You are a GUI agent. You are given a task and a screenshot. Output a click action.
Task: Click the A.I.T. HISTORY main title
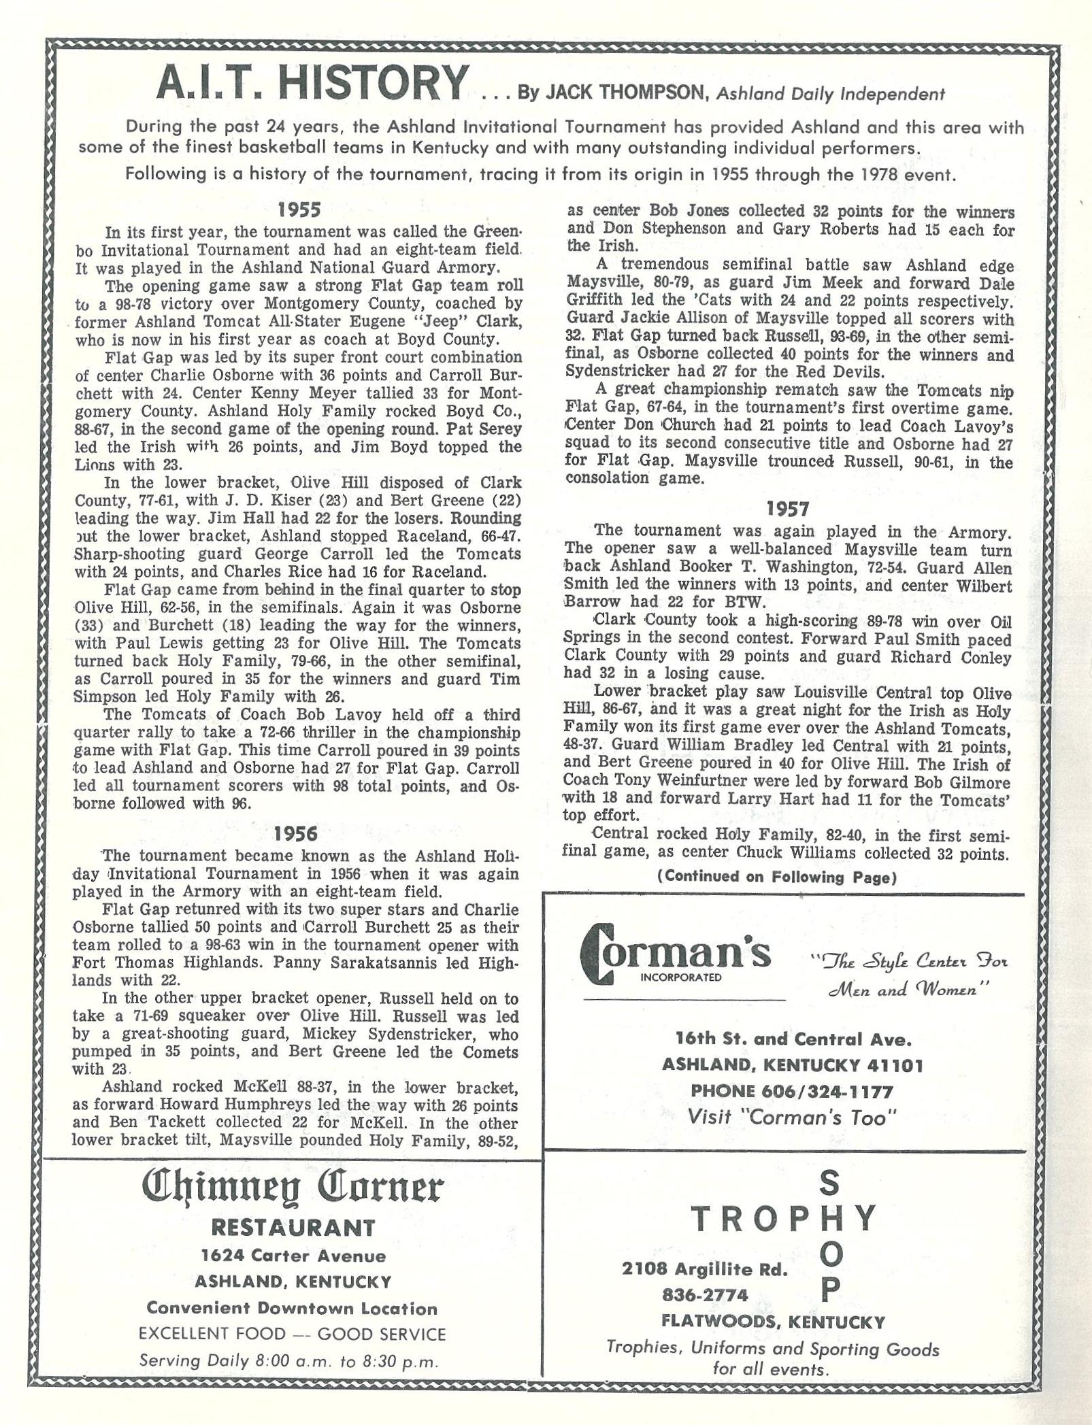[x=312, y=84]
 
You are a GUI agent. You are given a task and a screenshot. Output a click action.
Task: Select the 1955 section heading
[x=299, y=209]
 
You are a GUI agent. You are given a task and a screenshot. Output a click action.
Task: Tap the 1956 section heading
[x=295, y=833]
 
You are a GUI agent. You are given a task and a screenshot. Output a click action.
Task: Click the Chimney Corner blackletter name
[x=293, y=1188]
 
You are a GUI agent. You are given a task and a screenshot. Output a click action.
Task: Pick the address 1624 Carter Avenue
[x=293, y=1256]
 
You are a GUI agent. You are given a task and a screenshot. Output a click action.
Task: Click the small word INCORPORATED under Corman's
[x=681, y=977]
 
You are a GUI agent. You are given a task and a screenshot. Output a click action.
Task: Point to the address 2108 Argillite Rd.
[x=704, y=1269]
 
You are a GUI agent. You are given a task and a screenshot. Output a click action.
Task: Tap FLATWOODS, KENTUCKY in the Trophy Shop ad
[x=773, y=1322]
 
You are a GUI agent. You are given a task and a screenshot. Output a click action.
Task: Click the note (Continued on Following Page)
[x=776, y=877]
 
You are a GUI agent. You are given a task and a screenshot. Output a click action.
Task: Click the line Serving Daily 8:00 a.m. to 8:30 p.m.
[x=288, y=1361]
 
